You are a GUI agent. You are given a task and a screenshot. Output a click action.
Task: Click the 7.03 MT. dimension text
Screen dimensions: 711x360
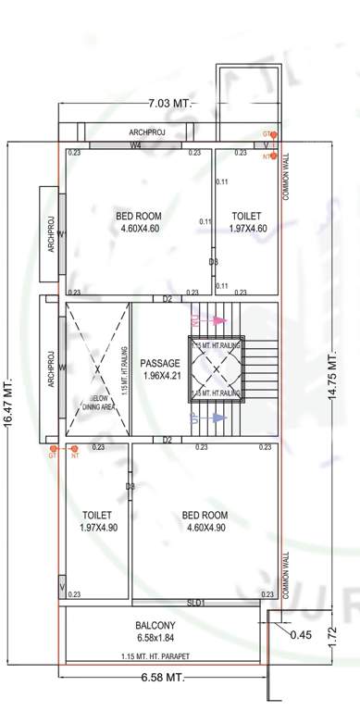pos(169,102)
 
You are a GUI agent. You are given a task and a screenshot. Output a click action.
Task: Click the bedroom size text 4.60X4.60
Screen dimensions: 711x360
pos(138,228)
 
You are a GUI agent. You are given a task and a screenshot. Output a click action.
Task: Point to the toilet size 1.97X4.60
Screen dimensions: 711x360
pos(245,228)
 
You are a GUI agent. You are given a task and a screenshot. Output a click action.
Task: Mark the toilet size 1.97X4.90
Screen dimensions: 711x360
pos(96,528)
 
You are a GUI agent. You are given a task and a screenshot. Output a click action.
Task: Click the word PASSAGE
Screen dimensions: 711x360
pos(159,363)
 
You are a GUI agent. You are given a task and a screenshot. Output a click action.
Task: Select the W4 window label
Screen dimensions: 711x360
pos(135,145)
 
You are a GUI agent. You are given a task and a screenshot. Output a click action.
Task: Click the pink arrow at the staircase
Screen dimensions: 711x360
pos(218,320)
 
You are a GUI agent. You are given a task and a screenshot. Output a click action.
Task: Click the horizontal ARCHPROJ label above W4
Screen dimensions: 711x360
pos(148,132)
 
